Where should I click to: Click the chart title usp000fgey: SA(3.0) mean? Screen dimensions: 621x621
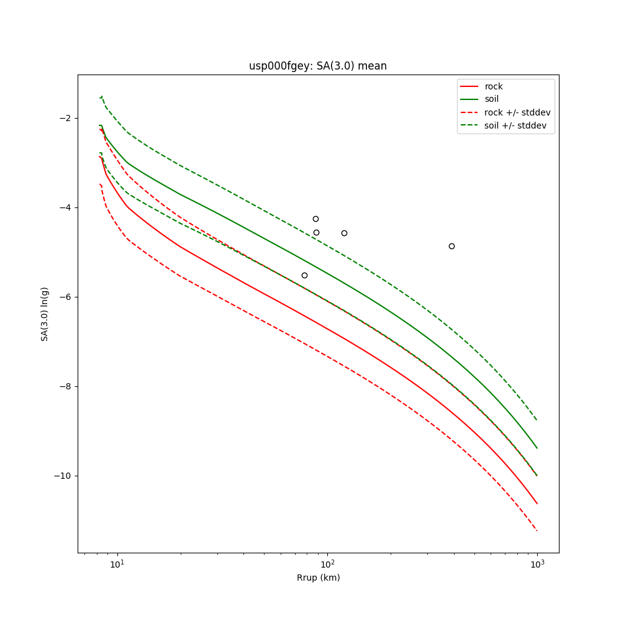[x=318, y=66]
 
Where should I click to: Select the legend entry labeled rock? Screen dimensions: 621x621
[x=494, y=86]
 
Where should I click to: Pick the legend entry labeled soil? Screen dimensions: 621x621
[x=492, y=99]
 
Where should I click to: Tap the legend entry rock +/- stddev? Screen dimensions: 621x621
[x=517, y=112]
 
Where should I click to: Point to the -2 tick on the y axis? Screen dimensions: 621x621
[x=65, y=118]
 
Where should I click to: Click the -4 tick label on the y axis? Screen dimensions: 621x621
[x=65, y=207]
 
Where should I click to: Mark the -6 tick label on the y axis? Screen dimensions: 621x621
[x=65, y=297]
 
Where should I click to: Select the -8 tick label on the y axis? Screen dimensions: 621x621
[x=65, y=386]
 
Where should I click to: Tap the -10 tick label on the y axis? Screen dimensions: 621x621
[x=63, y=476]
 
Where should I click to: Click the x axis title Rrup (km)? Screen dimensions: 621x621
[x=318, y=578]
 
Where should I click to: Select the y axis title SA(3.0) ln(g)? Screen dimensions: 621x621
[x=45, y=314]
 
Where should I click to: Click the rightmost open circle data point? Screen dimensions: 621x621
[x=451, y=246]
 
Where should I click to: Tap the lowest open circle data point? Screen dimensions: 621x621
[x=304, y=275]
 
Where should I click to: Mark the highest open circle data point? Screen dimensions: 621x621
[x=315, y=219]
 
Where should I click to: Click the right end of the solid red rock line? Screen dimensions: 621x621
[x=537, y=504]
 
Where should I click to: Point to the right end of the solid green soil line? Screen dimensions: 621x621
[x=537, y=448]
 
